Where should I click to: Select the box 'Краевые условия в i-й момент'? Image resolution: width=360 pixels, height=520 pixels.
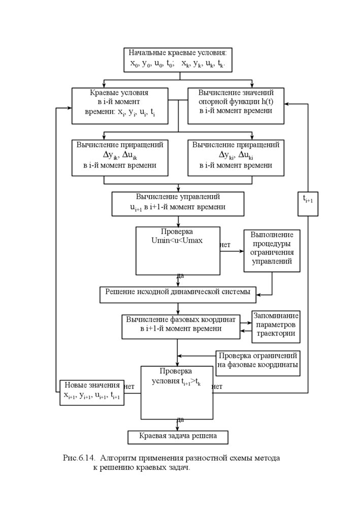click(119, 106)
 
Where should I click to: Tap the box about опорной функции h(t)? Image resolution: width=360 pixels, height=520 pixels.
click(236, 106)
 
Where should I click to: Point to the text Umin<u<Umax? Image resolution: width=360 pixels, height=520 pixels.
click(177, 240)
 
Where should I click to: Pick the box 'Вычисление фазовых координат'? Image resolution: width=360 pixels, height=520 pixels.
click(181, 326)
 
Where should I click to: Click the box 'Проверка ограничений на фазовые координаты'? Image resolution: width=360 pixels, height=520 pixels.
click(257, 361)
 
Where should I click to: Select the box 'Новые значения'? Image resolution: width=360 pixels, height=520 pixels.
click(92, 391)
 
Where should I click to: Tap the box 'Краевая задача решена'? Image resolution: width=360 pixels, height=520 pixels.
click(178, 436)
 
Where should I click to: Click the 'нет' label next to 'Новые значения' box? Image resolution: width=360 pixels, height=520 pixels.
click(129, 386)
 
